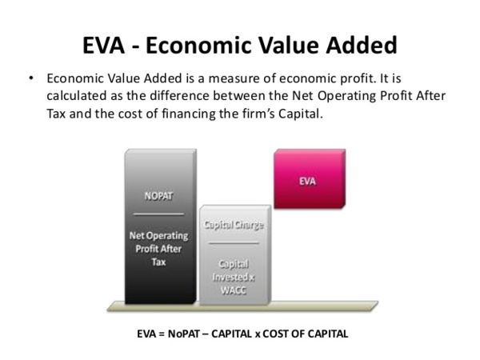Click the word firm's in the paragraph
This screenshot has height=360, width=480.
[249, 114]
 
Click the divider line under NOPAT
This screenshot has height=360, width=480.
[159, 214]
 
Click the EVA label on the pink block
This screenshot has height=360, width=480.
[307, 181]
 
